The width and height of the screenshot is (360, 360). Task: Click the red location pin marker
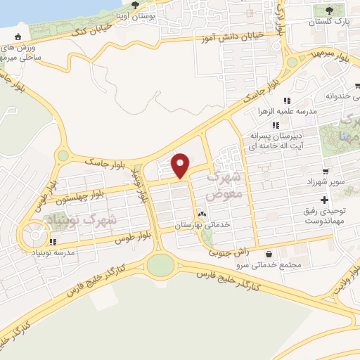pos(181,165)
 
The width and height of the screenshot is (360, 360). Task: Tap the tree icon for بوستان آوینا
pos(135,6)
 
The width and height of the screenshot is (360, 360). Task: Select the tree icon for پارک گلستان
pos(329,9)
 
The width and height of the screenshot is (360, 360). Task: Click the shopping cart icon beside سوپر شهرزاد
pos(325,172)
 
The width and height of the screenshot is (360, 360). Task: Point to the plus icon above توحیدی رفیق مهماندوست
pos(324,200)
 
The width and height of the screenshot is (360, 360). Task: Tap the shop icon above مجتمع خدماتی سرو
pos(270,254)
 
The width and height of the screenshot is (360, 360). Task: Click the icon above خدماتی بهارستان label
pos(202,214)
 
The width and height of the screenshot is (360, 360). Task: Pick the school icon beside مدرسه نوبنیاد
pos(53,243)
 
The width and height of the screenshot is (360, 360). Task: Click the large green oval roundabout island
pos(160,265)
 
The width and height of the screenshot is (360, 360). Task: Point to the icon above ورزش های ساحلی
pos(18,37)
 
